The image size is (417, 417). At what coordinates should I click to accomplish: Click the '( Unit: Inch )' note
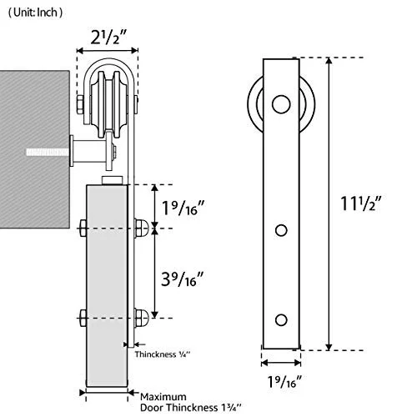click(35, 13)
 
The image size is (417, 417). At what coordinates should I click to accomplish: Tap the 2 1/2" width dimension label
click(108, 37)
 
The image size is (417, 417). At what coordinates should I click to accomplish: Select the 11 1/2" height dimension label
click(360, 203)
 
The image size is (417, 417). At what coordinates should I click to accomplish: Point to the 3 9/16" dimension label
click(183, 279)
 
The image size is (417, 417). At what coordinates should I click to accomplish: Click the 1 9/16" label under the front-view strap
click(284, 381)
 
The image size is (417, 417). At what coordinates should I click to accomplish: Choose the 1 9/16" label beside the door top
click(183, 208)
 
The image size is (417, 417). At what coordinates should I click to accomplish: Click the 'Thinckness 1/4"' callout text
click(163, 354)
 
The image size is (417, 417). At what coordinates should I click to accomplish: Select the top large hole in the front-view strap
click(281, 104)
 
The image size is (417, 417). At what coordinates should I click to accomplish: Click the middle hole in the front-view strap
click(281, 230)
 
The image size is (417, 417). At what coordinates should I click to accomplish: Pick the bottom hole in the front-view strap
click(281, 320)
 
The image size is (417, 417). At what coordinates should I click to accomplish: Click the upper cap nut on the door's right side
click(142, 229)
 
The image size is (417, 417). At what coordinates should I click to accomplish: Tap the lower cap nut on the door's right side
click(142, 318)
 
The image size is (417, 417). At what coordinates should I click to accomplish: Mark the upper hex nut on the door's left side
click(83, 229)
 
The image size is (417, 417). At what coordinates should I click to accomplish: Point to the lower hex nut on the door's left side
click(83, 318)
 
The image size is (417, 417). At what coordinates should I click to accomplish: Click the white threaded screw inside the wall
click(48, 152)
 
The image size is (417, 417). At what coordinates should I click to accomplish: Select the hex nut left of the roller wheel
click(80, 104)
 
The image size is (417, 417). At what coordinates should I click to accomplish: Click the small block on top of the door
click(113, 180)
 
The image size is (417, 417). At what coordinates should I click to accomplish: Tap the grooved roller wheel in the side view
click(109, 104)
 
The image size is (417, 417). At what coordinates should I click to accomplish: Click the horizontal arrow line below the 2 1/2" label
click(108, 51)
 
